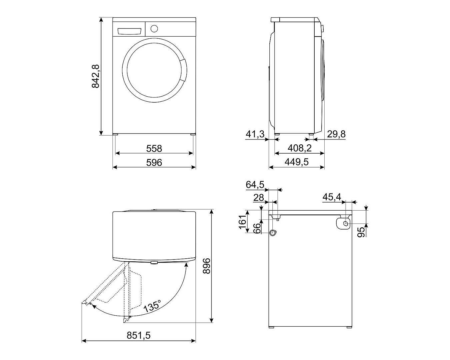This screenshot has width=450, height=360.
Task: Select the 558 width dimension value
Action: coord(154,149)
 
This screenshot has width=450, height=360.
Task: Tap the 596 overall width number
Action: coord(154,163)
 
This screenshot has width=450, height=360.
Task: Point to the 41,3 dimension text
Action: coord(255,134)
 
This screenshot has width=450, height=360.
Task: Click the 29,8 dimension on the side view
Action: coord(336,134)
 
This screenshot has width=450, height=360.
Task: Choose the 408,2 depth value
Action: coord(300,148)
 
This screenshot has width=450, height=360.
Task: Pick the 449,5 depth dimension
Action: coord(297,162)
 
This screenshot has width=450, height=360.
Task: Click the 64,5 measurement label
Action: coord(255,185)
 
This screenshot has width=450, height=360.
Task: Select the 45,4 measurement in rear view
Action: coord(332,197)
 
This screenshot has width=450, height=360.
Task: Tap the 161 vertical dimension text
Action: coord(243,222)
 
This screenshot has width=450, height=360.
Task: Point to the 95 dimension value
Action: coord(361,232)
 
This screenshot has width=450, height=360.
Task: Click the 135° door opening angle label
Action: coord(153,306)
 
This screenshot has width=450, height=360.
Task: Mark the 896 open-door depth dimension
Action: coord(207,266)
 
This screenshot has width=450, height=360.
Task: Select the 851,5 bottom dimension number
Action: coord(138,336)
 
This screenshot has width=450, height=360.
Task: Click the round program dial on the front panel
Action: coord(154,29)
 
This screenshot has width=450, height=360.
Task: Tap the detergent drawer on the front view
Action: coord(129,31)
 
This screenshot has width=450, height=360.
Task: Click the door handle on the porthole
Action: coord(183,70)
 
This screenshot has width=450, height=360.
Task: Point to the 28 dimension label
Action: coord(259,197)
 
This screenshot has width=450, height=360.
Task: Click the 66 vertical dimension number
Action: coord(258,228)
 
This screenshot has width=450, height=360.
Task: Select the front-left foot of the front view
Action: coord(116,134)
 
